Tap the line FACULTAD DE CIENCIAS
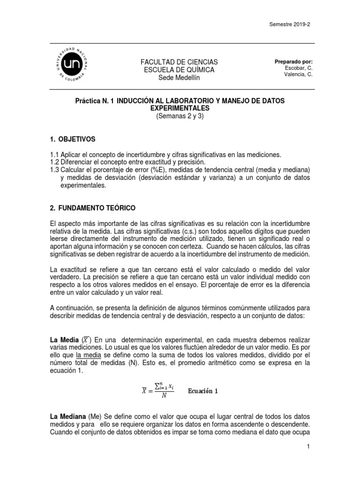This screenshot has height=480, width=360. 173,62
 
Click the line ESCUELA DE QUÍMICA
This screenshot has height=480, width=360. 173,70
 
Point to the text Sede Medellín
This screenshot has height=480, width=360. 173,78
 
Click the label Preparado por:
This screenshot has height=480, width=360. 294,61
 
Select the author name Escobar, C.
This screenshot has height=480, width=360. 298,67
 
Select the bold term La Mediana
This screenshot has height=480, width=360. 67,417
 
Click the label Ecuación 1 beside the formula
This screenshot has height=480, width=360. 203,391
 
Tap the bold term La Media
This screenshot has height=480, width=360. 63,339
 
